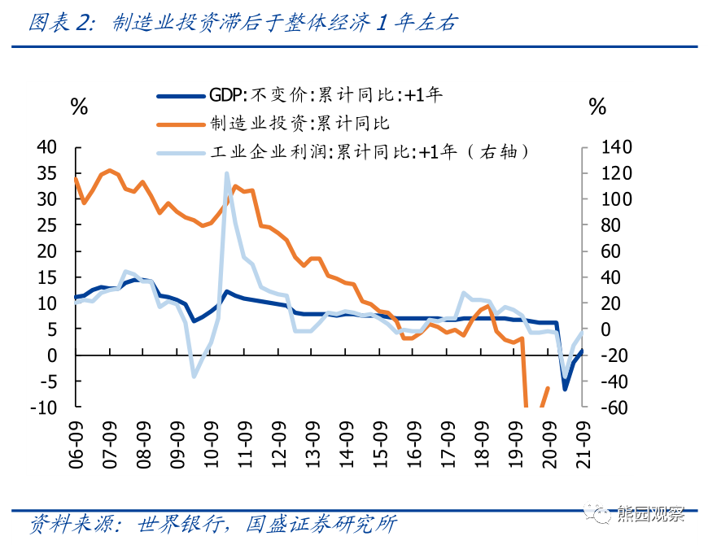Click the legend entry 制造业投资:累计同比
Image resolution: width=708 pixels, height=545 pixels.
click(x=299, y=123)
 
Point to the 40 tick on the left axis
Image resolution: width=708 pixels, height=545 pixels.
click(x=49, y=147)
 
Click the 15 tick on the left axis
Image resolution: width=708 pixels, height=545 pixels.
click(x=49, y=277)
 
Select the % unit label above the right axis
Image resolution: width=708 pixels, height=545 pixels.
click(x=597, y=107)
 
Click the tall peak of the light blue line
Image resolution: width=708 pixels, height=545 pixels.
click(x=226, y=173)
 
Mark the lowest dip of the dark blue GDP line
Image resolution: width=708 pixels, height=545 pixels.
click(x=565, y=389)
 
